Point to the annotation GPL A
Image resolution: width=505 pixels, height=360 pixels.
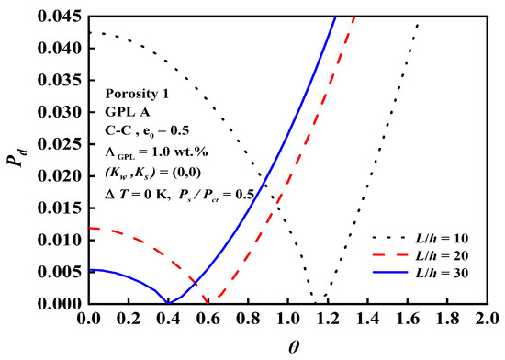115,117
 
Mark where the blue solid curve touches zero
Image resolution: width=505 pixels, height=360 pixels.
167,302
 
